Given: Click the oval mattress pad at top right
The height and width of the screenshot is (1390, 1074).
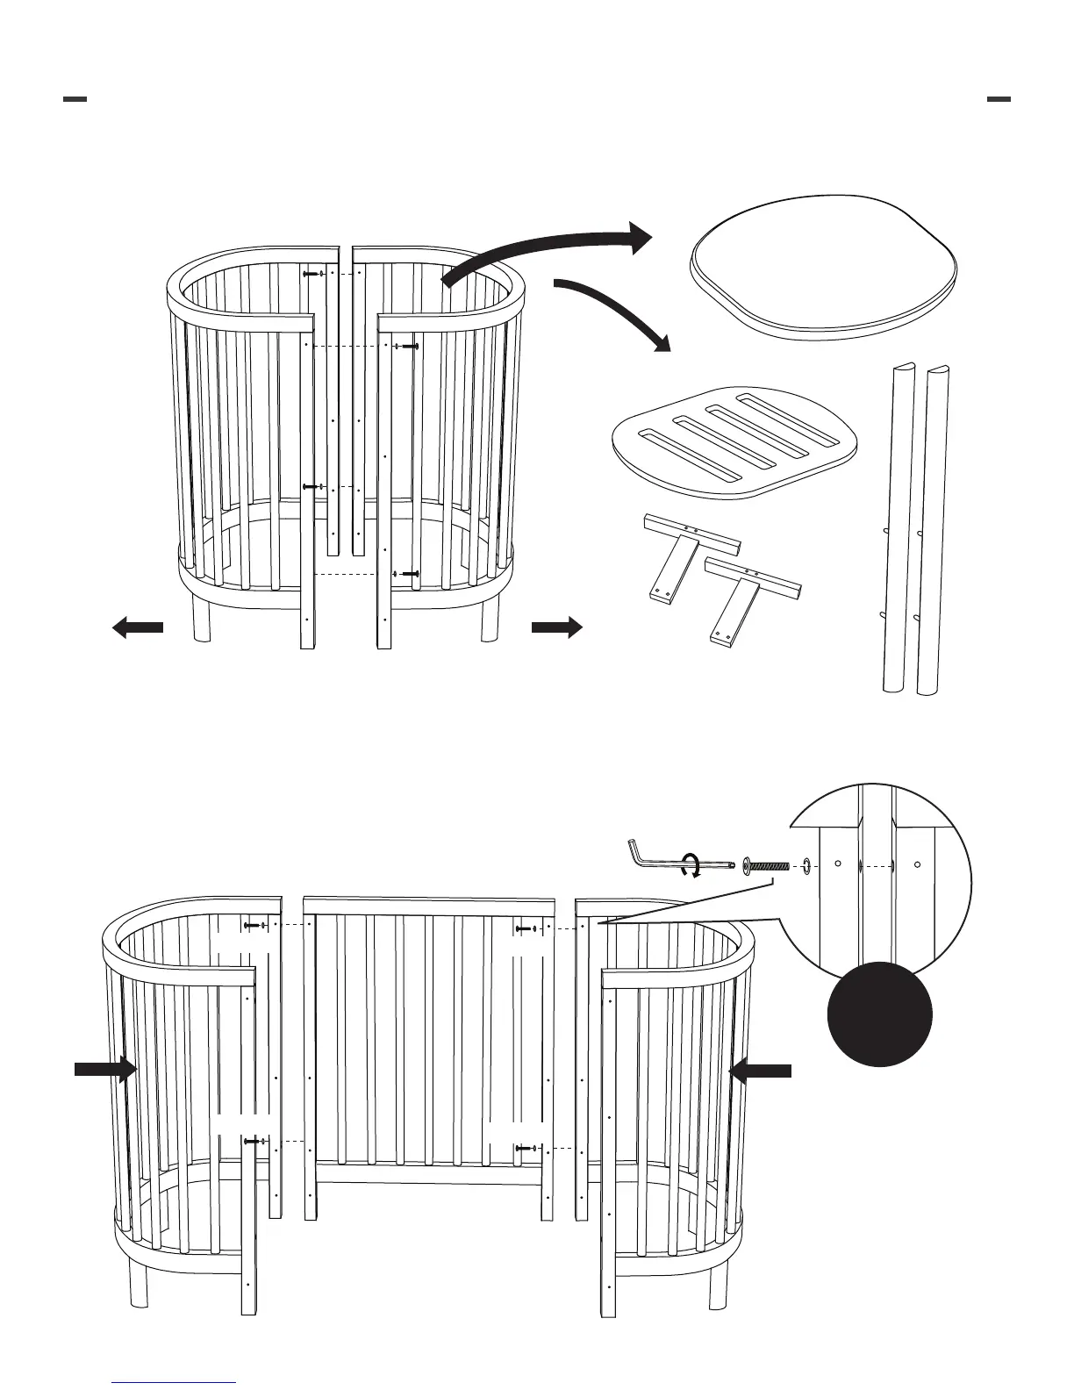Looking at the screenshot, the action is pyautogui.click(x=825, y=268).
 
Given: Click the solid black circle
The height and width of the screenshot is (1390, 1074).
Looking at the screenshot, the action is pyautogui.click(x=880, y=1014).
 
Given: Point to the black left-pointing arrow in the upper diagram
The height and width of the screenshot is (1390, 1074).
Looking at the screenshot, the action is pyautogui.click(x=138, y=627).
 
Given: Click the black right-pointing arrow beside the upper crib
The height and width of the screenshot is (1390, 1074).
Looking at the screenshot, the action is pyautogui.click(x=556, y=627).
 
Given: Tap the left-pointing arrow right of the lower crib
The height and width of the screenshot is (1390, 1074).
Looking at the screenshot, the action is pyautogui.click(x=761, y=1070).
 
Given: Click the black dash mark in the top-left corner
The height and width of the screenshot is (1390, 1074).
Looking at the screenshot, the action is pyautogui.click(x=75, y=99).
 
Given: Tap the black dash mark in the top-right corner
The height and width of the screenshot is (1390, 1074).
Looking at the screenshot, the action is pyautogui.click(x=999, y=99).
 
